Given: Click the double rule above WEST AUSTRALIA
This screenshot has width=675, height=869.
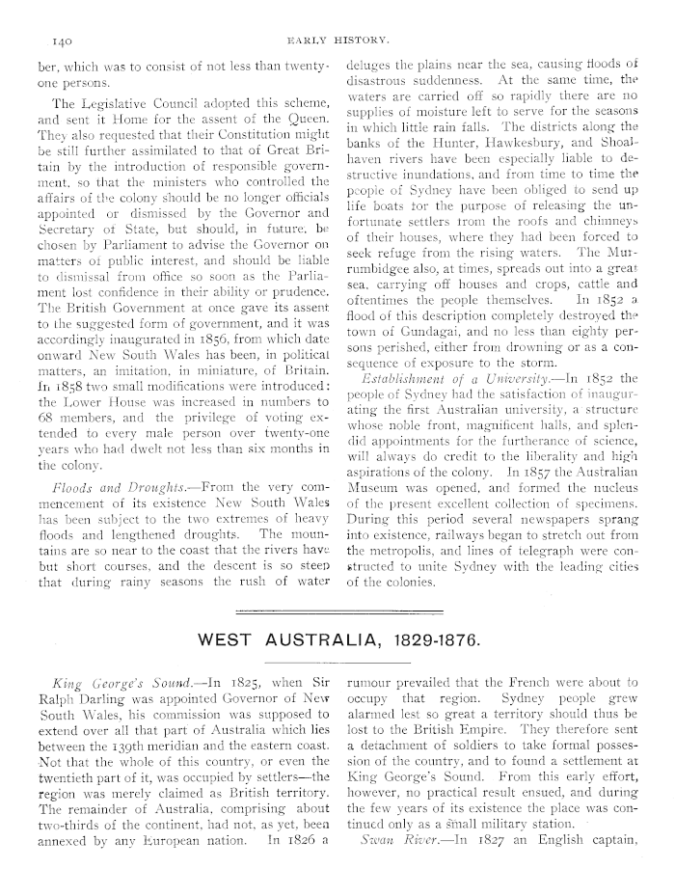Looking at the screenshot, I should tap(337, 611).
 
